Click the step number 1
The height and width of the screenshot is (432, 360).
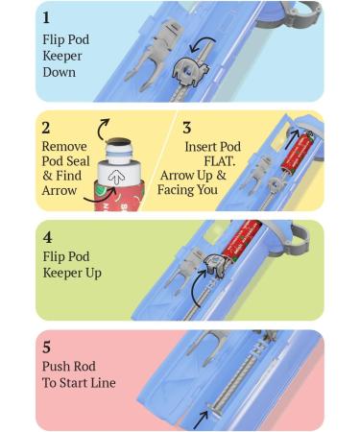[46, 17]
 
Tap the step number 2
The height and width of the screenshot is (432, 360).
[46, 128]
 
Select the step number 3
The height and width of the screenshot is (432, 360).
[187, 128]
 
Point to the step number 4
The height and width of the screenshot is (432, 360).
[47, 237]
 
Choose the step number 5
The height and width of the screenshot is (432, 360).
[46, 348]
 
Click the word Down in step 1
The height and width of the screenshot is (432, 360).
[60, 72]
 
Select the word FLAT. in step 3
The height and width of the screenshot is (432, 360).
[220, 161]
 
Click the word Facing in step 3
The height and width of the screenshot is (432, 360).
[176, 190]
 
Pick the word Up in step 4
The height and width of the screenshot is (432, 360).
[93, 274]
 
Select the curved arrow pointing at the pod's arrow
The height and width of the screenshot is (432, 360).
[100, 195]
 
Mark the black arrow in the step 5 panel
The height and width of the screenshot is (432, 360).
[201, 420]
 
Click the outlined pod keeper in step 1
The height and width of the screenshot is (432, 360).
[191, 73]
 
